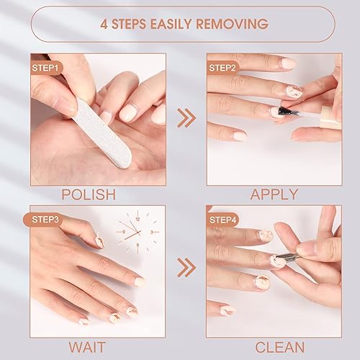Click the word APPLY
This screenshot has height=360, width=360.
(274, 194)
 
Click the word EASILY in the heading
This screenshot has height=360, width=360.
(170, 24)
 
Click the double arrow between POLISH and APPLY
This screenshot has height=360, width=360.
(186, 117)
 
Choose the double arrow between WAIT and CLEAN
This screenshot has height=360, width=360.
(186, 268)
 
